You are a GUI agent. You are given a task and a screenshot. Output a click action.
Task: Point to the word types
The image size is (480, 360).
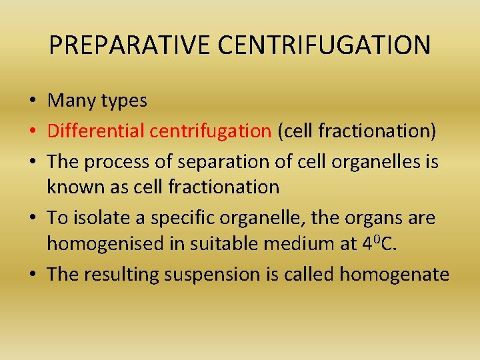pos(125,101)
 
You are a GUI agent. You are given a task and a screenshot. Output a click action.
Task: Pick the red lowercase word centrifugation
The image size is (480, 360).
pos(209,131)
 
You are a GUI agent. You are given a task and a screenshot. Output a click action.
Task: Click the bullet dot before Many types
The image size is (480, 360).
pos(32,101)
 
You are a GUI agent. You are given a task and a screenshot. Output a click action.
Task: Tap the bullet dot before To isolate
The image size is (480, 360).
pos(32,217)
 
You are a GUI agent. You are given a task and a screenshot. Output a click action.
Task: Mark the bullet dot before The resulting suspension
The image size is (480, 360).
pos(32,275)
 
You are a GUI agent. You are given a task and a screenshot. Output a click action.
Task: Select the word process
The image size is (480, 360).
pos(118,161)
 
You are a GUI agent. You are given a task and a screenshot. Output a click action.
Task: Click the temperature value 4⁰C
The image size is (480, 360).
pos(378,245)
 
